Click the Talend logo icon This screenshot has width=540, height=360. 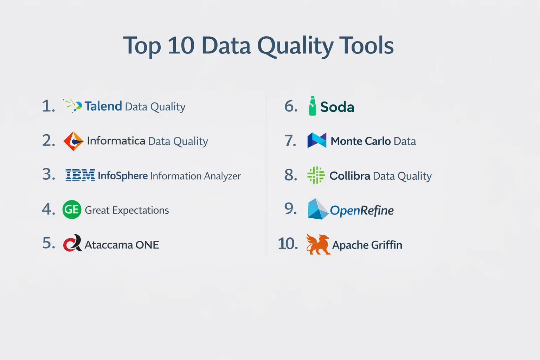[x=72, y=105]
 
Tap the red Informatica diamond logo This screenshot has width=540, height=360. [x=73, y=141]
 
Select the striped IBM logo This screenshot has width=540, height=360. [x=80, y=175]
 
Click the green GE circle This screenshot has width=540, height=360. [x=72, y=210]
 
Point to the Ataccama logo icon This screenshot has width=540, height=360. [x=73, y=243]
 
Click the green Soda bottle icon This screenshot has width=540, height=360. [x=313, y=106]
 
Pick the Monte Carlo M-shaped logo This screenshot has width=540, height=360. [x=317, y=140]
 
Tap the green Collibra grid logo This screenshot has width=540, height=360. [x=316, y=175]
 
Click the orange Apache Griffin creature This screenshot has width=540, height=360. [x=318, y=244]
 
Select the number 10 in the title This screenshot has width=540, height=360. [x=181, y=45]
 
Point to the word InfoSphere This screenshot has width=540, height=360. [x=123, y=176]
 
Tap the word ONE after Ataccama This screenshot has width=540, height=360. [x=147, y=245]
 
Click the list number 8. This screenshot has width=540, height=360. [x=291, y=175]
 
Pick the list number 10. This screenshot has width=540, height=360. [x=288, y=244]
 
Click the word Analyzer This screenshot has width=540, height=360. [x=222, y=176]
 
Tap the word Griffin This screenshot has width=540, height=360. [x=387, y=245]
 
